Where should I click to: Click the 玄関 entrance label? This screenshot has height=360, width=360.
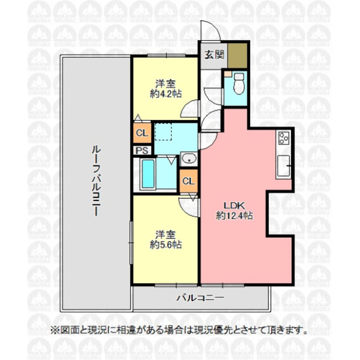coord(214,55)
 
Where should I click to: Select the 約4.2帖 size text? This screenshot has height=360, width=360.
coord(166,94)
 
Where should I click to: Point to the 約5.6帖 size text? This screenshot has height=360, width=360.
coord(166,245)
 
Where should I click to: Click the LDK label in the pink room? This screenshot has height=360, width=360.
coord(234,205)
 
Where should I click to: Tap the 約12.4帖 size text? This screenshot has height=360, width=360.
coord(234,216)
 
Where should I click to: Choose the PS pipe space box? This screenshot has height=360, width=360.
coord(142,151)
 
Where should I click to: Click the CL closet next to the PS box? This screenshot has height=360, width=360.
coord(143,133)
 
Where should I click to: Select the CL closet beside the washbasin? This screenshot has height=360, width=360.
coord(189,181)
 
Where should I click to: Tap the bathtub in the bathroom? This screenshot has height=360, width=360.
coord(148,174)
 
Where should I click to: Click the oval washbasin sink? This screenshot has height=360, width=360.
coord(189,158)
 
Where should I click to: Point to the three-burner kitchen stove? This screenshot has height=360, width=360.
coord(284,138)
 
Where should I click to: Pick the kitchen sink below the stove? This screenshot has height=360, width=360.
coord(283,166)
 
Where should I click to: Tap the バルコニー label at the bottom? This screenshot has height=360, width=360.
coord(200,298)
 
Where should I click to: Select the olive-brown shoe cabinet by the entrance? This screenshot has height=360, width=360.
coord(238,56)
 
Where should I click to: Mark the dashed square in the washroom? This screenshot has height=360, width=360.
coord(163,132)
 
